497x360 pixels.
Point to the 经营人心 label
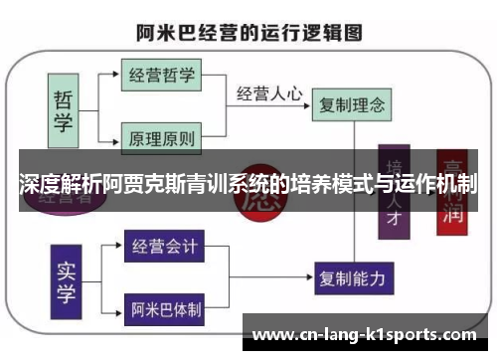[x=269, y=93]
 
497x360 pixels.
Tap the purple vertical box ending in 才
[x=396, y=194]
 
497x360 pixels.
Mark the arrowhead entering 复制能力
[x=311, y=275]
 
